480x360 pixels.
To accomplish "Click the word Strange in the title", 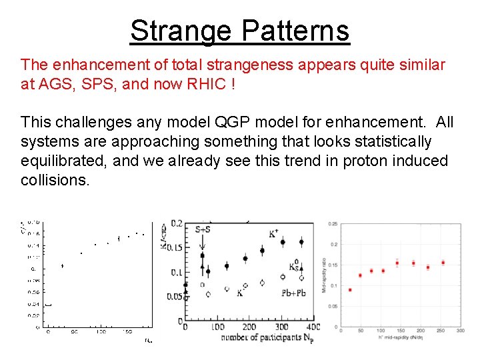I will point(180,31).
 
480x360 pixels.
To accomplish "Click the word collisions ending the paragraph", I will point(54,181).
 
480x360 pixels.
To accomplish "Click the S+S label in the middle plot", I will point(207,229).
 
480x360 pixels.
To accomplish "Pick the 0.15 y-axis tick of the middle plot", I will point(173,247).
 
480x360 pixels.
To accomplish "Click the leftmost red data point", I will point(350,290).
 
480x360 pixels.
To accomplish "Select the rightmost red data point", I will point(443,263).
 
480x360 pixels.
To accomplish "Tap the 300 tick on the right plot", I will point(460,331).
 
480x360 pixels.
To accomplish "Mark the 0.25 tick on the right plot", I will point(333,223).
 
